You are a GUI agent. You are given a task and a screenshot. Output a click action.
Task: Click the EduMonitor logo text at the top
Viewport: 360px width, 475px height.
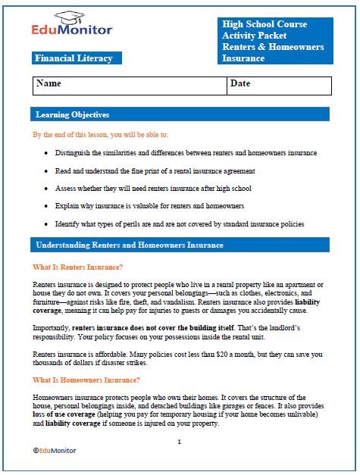[72, 30]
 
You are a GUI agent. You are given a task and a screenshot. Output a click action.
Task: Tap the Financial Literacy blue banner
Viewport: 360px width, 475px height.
[74, 58]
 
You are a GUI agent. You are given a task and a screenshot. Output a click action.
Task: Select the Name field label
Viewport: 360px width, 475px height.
[49, 84]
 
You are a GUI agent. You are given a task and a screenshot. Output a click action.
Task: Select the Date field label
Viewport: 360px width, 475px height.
[240, 84]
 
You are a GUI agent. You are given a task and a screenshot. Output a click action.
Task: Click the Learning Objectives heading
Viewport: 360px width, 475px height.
[73, 115]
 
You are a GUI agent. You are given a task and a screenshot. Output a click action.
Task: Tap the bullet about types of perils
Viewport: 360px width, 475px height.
[179, 224]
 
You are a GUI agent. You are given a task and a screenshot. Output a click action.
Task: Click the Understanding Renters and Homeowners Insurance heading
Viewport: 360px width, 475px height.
[130, 245]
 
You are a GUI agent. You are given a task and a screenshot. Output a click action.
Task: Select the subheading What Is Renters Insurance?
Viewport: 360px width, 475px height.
[78, 267]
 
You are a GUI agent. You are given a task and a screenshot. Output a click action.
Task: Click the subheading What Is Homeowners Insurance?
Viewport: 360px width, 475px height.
[86, 380]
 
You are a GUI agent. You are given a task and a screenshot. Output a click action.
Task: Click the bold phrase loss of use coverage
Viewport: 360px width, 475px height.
[69, 416]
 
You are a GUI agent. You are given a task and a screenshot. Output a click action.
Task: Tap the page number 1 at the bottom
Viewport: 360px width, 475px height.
[179, 441]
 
